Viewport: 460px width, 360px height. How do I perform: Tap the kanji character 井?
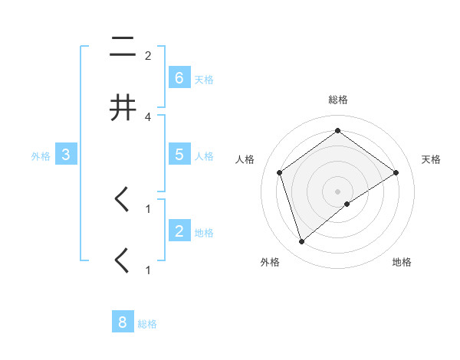tap(123, 108)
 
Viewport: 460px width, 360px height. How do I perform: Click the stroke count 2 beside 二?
tap(148, 56)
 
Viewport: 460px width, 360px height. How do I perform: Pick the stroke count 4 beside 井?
tap(148, 116)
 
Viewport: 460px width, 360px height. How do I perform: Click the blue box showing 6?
tap(179, 78)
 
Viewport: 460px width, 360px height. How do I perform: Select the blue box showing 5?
tap(179, 155)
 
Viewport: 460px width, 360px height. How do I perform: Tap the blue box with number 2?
tap(179, 231)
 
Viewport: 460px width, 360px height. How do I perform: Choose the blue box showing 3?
tap(66, 155)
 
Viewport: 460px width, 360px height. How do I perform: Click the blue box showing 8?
tap(123, 322)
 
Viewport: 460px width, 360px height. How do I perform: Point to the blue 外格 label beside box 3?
tap(41, 156)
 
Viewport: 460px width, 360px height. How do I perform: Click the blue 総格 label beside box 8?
tap(147, 324)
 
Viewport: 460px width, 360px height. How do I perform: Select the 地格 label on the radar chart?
tap(402, 262)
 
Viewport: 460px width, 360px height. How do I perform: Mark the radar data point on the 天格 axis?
tap(396, 172)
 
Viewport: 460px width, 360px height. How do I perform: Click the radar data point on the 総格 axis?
tap(337, 131)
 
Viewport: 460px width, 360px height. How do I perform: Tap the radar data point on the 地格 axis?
tap(347, 204)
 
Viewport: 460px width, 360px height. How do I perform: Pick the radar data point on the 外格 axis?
tap(301, 242)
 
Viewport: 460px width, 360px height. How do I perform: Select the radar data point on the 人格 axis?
tap(280, 172)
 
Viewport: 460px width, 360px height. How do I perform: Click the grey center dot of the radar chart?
tap(337, 191)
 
